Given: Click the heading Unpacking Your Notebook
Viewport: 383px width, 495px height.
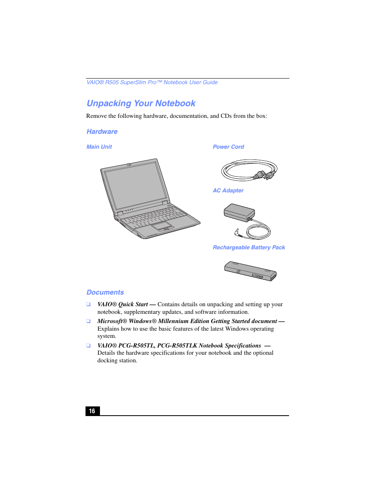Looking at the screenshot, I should [141, 103].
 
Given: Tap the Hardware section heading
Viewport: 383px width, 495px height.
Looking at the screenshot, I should [102, 131].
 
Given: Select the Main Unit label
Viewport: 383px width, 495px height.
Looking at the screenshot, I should [99, 147].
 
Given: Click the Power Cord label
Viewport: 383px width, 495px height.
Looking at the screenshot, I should [228, 147].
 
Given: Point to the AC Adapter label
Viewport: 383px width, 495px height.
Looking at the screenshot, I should [228, 191].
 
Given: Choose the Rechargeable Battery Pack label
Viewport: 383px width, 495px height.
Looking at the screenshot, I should [249, 248].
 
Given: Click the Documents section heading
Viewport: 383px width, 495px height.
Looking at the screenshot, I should [105, 293].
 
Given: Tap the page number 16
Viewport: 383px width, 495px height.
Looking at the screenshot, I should [92, 411].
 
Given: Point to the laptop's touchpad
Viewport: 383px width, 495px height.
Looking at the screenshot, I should [162, 226].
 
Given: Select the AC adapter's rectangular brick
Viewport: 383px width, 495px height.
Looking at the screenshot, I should [239, 212].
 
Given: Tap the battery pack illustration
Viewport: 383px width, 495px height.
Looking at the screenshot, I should [250, 271].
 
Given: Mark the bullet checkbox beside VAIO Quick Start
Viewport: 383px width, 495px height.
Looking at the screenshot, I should [88, 305].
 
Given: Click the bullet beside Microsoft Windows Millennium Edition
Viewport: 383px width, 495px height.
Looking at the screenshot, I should [88, 321].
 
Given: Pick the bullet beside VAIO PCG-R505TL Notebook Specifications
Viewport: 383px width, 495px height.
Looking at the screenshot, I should [88, 345].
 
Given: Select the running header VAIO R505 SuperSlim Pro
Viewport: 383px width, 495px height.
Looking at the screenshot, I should [152, 83].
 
